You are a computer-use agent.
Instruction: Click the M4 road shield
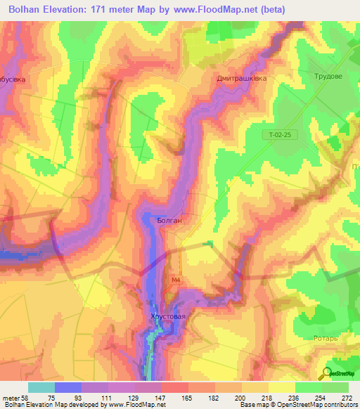pos(176,279)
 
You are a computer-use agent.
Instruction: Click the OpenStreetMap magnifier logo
pos(328,373)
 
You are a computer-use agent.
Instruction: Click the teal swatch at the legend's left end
pos(41,387)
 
